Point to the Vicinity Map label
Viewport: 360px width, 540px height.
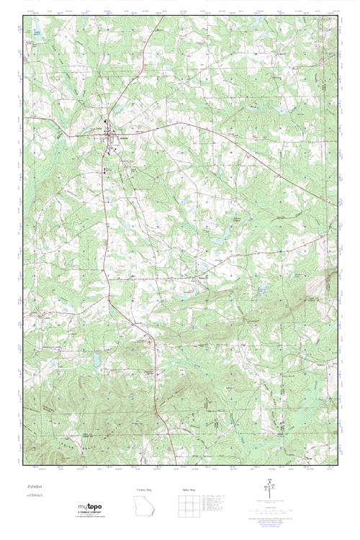(x=145, y=489)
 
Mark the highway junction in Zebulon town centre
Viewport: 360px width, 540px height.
(x=109, y=132)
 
